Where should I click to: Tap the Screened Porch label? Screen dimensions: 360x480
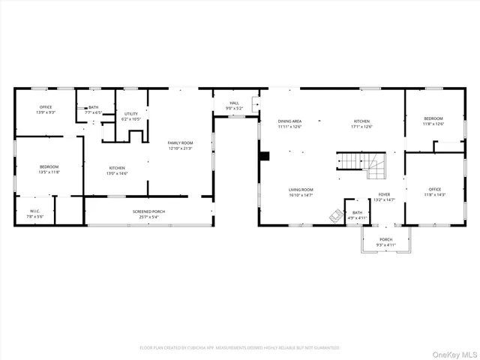pyautogui.click(x=148, y=214)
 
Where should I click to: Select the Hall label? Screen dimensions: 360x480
pyautogui.click(x=234, y=106)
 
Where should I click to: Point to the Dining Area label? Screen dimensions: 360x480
pyautogui.click(x=289, y=124)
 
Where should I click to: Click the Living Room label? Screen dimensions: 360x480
pyautogui.click(x=301, y=193)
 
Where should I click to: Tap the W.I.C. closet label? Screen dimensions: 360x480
pyautogui.click(x=34, y=214)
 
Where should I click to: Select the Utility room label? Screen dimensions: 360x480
pyautogui.click(x=131, y=116)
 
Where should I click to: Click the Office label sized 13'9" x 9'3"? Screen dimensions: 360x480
pyautogui.click(x=46, y=109)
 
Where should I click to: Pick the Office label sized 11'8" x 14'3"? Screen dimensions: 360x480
pyautogui.click(x=435, y=192)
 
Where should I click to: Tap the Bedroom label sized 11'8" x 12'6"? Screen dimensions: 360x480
pyautogui.click(x=433, y=121)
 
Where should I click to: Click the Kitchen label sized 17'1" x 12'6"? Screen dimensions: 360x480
pyautogui.click(x=362, y=124)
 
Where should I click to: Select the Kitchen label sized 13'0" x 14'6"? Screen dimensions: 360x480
pyautogui.click(x=117, y=170)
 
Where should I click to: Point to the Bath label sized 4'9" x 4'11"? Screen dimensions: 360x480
pyautogui.click(x=357, y=215)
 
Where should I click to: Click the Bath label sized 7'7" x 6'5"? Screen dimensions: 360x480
pyautogui.click(x=93, y=109)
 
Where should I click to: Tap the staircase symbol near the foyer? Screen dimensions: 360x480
pyautogui.click(x=361, y=165)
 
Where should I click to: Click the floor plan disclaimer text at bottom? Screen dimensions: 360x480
pyautogui.click(x=239, y=347)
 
